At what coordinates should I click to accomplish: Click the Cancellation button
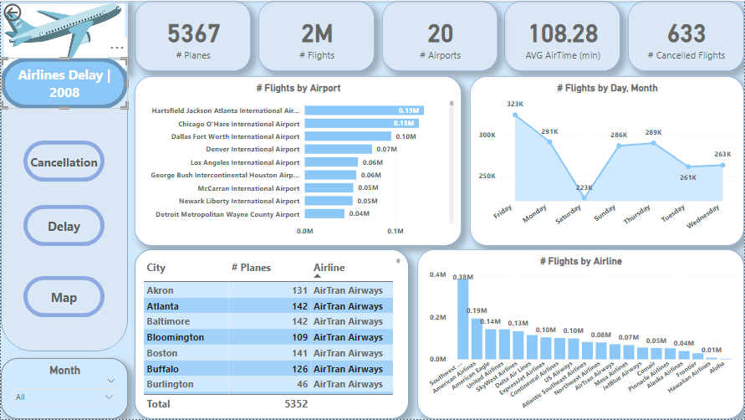pyautogui.click(x=64, y=162)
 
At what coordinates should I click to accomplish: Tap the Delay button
pyautogui.click(x=64, y=226)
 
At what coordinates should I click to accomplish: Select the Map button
pyautogui.click(x=64, y=297)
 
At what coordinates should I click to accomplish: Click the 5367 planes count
pyautogui.click(x=193, y=33)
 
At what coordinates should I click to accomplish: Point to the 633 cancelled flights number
pyautogui.click(x=686, y=33)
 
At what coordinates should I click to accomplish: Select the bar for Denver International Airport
pyautogui.click(x=339, y=149)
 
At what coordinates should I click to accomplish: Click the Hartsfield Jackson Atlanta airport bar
pyautogui.click(x=364, y=110)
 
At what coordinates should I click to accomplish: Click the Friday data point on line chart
pyautogui.click(x=515, y=115)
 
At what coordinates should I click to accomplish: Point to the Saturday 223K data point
pyautogui.click(x=584, y=199)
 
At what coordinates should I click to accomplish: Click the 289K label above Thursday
pyautogui.click(x=653, y=132)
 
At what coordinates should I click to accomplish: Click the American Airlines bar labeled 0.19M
pyautogui.click(x=477, y=339)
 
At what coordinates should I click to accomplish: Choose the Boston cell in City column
pyautogui.click(x=161, y=353)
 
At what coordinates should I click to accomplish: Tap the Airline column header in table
pyautogui.click(x=329, y=268)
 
